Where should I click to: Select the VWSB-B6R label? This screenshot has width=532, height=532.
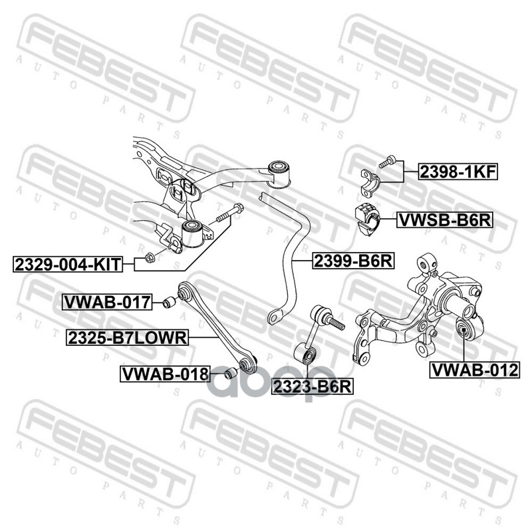click(444, 219)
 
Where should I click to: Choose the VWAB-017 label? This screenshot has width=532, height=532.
click(107, 303)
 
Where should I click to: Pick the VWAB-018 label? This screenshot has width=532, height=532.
click(164, 374)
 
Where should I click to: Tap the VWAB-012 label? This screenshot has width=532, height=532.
click(474, 369)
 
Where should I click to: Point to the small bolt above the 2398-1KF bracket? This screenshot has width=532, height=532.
click(388, 161)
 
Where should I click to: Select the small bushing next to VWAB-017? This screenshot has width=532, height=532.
click(168, 303)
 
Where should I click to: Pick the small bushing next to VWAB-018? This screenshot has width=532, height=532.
click(229, 373)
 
